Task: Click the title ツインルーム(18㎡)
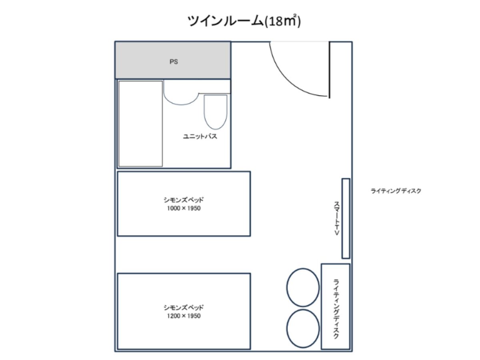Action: point(244,21)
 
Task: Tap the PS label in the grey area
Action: point(174,62)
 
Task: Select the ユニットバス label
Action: point(200,136)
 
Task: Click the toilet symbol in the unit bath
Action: point(215,112)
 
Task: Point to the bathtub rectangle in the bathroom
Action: point(140,124)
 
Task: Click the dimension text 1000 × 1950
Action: point(184,208)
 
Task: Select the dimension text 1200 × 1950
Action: point(184,316)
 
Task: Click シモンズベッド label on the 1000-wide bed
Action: point(184,200)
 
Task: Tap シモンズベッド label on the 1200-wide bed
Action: point(184,308)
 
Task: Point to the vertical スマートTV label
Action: point(337,218)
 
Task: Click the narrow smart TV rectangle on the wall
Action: point(346,218)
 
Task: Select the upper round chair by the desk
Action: point(303,288)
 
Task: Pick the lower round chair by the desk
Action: point(303,328)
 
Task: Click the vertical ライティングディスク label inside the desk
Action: point(336,309)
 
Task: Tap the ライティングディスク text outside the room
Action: point(396,191)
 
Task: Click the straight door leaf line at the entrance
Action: point(329,70)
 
